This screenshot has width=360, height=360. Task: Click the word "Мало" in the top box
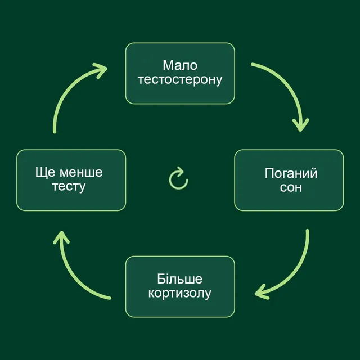tap(180, 65)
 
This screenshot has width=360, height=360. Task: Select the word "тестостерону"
tap(180, 80)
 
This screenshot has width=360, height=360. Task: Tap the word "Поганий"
tap(291, 173)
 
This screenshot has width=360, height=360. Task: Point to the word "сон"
tap(291, 187)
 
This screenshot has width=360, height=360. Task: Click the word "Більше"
tap(180, 279)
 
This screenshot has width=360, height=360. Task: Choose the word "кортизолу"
tap(180, 294)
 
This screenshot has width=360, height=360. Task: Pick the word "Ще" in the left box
tap(45, 173)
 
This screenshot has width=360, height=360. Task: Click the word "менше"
tap(81, 173)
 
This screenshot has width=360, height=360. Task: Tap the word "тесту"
tap(69, 187)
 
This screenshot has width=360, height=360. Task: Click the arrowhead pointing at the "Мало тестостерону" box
tap(101, 70)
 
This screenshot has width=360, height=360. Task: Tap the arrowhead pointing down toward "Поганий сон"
tap(300, 125)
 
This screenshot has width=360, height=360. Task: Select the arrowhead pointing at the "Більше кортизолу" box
tap(262, 292)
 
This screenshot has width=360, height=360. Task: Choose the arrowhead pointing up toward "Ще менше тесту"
tap(61, 237)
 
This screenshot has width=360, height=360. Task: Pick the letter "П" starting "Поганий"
tap(269, 173)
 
